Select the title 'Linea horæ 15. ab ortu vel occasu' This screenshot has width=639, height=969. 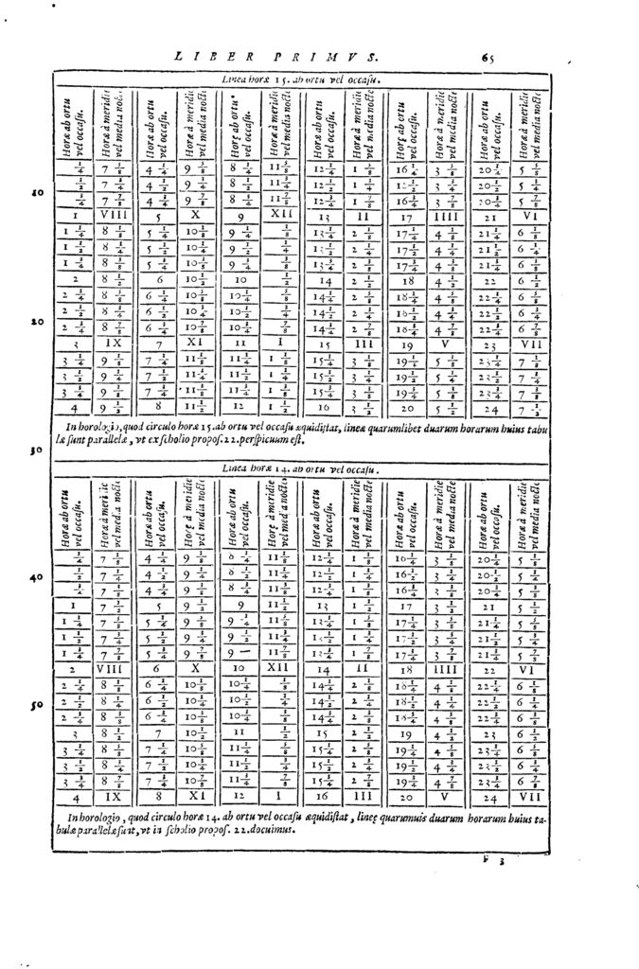pyautogui.click(x=301, y=80)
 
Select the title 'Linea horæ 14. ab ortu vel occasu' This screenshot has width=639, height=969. pyautogui.click(x=300, y=467)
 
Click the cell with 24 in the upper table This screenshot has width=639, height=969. pyautogui.click(x=491, y=410)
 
